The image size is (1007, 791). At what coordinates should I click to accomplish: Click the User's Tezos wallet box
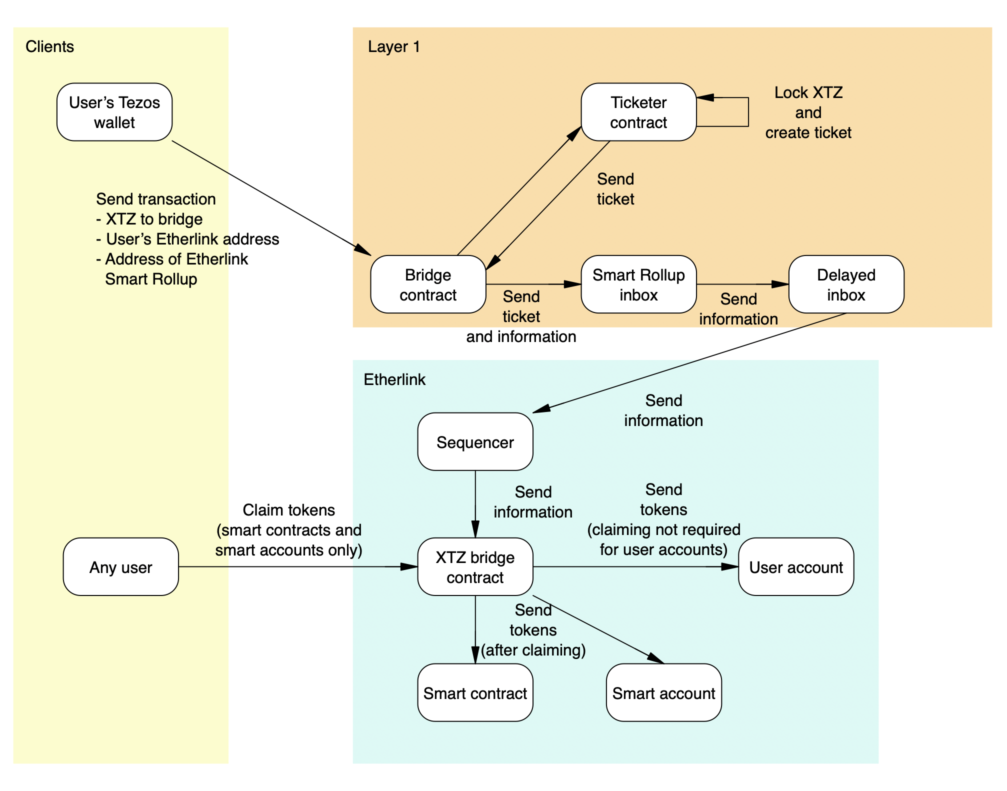114,112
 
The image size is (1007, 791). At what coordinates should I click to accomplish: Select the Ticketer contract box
638,112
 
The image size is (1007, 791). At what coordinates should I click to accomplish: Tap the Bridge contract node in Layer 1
428,284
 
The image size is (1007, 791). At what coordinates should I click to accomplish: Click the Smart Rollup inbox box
638,284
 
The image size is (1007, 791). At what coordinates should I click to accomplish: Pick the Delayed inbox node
846,284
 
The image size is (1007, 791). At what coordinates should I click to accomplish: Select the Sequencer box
475,441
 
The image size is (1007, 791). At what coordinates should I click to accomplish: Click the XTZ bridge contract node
475,567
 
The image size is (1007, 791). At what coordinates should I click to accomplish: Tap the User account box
796,567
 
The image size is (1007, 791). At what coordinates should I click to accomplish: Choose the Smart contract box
475,693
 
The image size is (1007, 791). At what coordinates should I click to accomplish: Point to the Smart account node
663,693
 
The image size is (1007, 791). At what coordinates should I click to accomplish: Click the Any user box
120,567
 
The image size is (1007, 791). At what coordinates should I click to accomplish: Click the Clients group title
49,46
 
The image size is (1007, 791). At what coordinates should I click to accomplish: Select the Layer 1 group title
393,46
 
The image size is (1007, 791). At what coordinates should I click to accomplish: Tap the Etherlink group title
394,379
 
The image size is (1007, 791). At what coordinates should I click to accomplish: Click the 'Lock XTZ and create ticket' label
808,112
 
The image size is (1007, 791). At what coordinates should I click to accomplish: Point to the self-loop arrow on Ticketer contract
748,112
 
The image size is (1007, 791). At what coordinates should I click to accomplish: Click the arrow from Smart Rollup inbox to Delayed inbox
742,284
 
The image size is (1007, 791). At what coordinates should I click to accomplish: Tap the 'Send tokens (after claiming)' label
533,630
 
